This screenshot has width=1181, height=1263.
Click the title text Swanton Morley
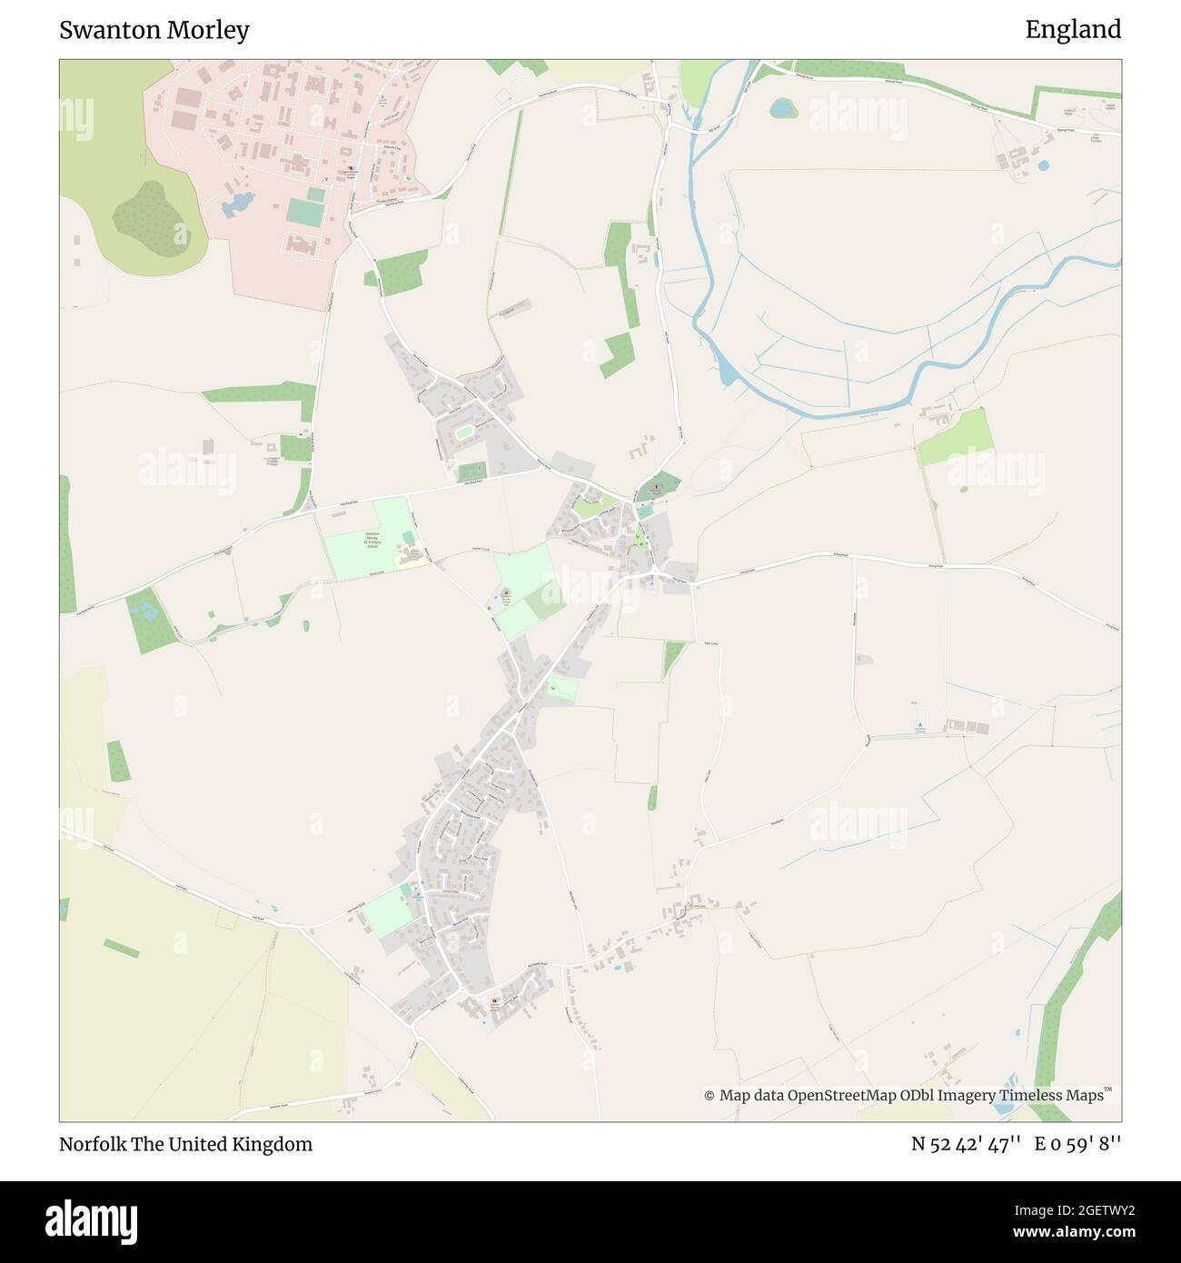click(x=154, y=30)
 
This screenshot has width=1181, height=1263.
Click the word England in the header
click(x=1073, y=30)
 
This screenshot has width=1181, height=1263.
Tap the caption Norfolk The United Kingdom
click(x=185, y=1144)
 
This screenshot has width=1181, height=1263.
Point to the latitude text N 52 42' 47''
click(x=968, y=1144)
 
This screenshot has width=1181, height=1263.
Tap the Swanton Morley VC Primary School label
click(x=372, y=541)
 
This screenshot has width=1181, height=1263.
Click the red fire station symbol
click(x=493, y=1003)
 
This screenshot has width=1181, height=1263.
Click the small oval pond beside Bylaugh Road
click(x=781, y=108)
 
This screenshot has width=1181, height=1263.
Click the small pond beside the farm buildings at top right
click(x=1041, y=166)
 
